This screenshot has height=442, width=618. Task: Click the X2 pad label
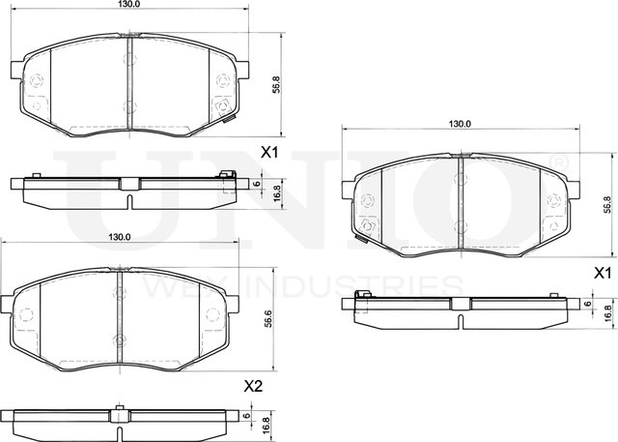coord(253,386)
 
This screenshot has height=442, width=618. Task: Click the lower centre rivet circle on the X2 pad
coord(119,339)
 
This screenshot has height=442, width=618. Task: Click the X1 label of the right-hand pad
coord(602,274)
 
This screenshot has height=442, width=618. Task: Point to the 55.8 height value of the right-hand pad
coord(606,204)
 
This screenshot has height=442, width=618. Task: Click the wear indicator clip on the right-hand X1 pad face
coord(365,233)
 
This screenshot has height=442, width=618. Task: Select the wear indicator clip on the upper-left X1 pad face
coord(229,118)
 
